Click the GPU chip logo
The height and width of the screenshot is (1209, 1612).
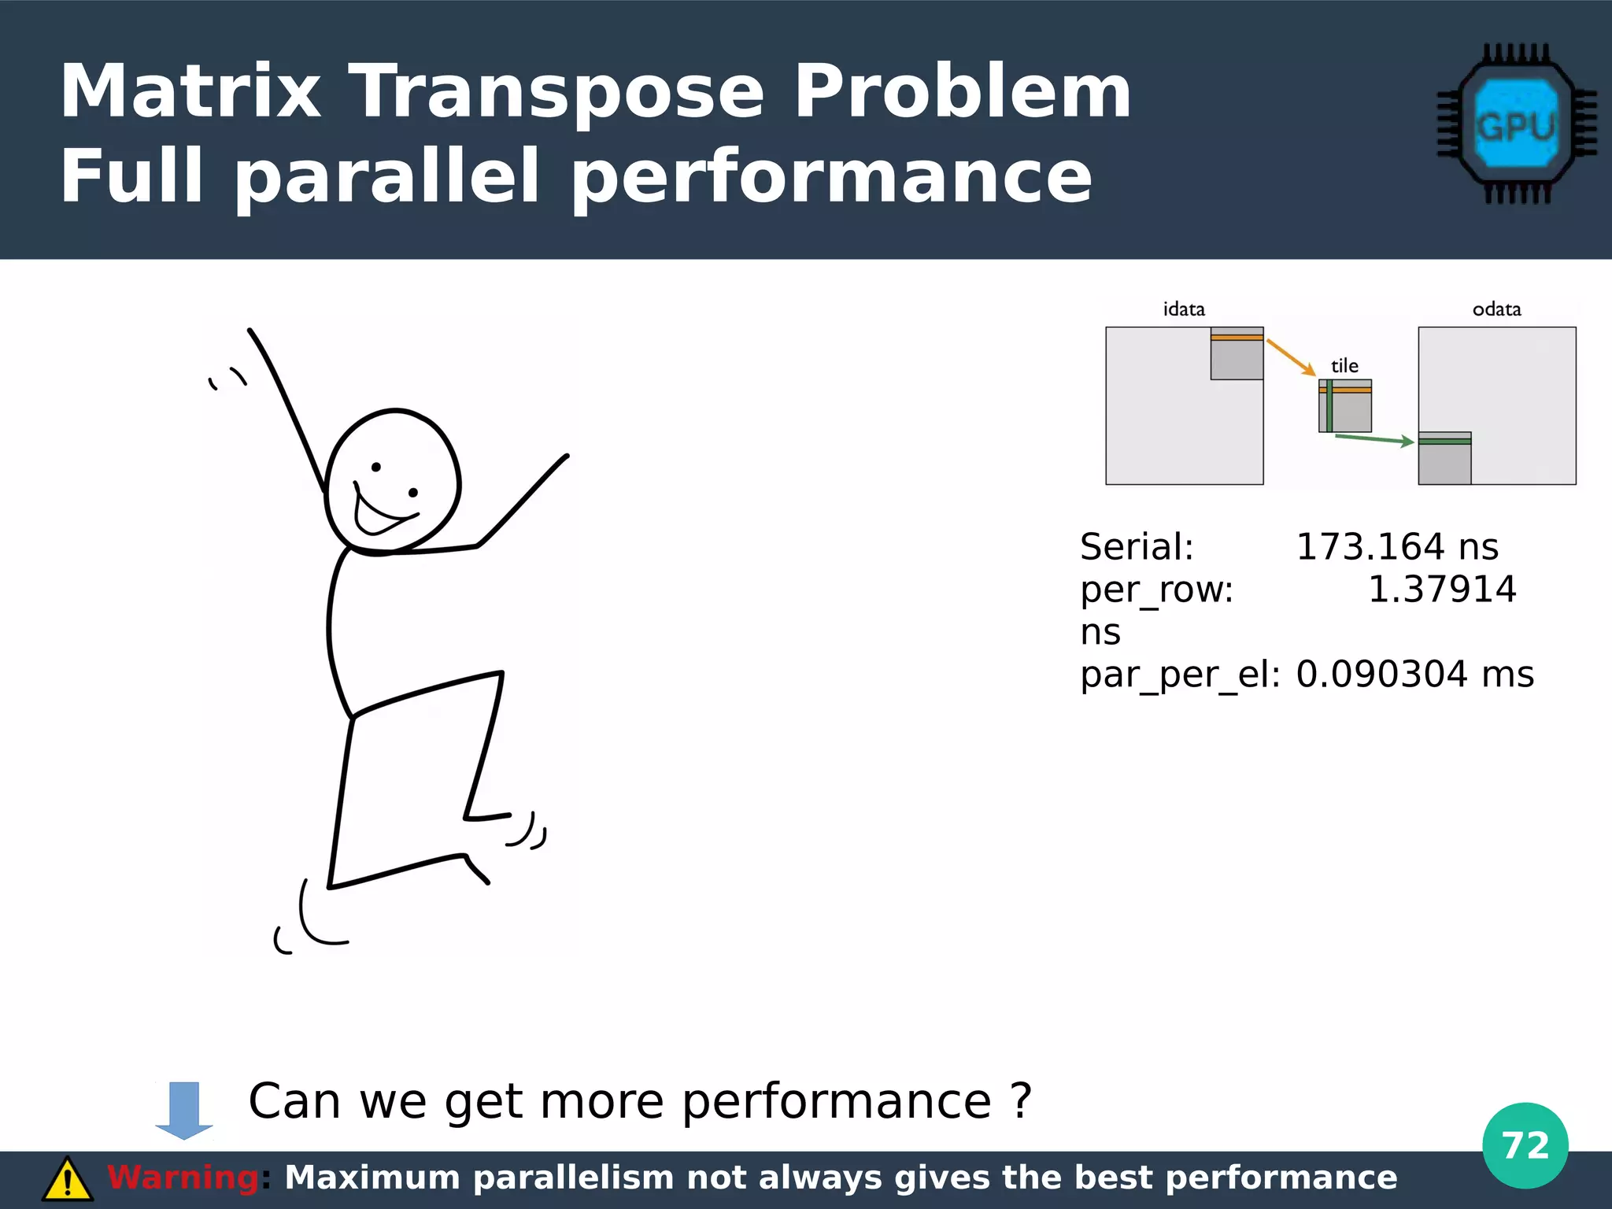click(x=1516, y=124)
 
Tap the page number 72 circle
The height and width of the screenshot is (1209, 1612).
click(x=1525, y=1145)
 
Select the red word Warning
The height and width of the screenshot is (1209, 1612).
click(x=183, y=1178)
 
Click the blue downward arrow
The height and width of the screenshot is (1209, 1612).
click(x=184, y=1111)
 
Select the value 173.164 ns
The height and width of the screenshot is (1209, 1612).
click(x=1396, y=547)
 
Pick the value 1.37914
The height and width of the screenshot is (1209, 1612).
click(x=1441, y=590)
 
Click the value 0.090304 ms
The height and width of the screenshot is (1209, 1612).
click(x=1414, y=675)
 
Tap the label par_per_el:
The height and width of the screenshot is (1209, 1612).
click(x=1180, y=675)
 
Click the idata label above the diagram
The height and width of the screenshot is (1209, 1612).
click(x=1184, y=309)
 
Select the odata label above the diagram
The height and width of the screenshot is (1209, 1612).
click(x=1496, y=309)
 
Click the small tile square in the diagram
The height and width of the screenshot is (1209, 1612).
click(x=1345, y=406)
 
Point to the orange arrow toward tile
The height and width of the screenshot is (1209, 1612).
click(x=1291, y=357)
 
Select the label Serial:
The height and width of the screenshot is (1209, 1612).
click(x=1137, y=547)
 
